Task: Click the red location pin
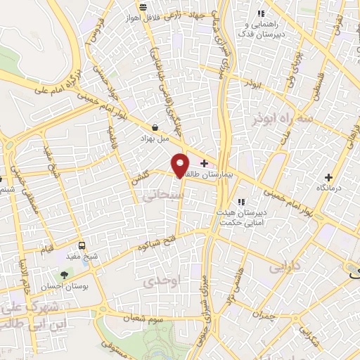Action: tap(180, 165)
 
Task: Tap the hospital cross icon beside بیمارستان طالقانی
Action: tap(204, 162)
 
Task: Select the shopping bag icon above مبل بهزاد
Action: tap(154, 128)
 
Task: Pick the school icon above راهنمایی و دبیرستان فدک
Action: tap(261, 13)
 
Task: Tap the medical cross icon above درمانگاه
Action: tap(328, 177)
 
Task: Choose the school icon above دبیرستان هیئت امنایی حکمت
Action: tap(241, 202)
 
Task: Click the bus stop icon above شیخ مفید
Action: tap(82, 245)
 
